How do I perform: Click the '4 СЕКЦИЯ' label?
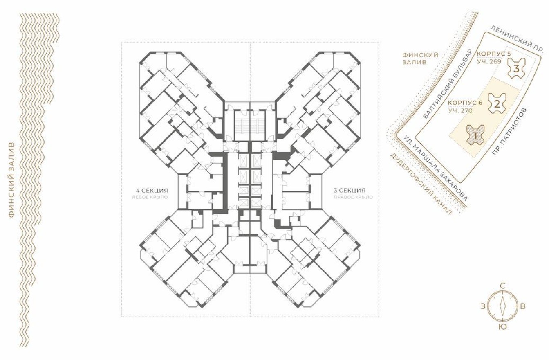(x=152, y=191)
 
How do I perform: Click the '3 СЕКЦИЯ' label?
(x=350, y=191)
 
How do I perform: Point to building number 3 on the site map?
(x=516, y=69)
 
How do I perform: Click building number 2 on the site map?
(x=497, y=103)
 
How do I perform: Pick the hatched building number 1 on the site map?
(x=475, y=134)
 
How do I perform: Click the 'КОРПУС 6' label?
(x=465, y=103)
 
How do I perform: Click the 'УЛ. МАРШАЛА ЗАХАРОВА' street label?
(x=435, y=168)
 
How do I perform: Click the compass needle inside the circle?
(x=502, y=306)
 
